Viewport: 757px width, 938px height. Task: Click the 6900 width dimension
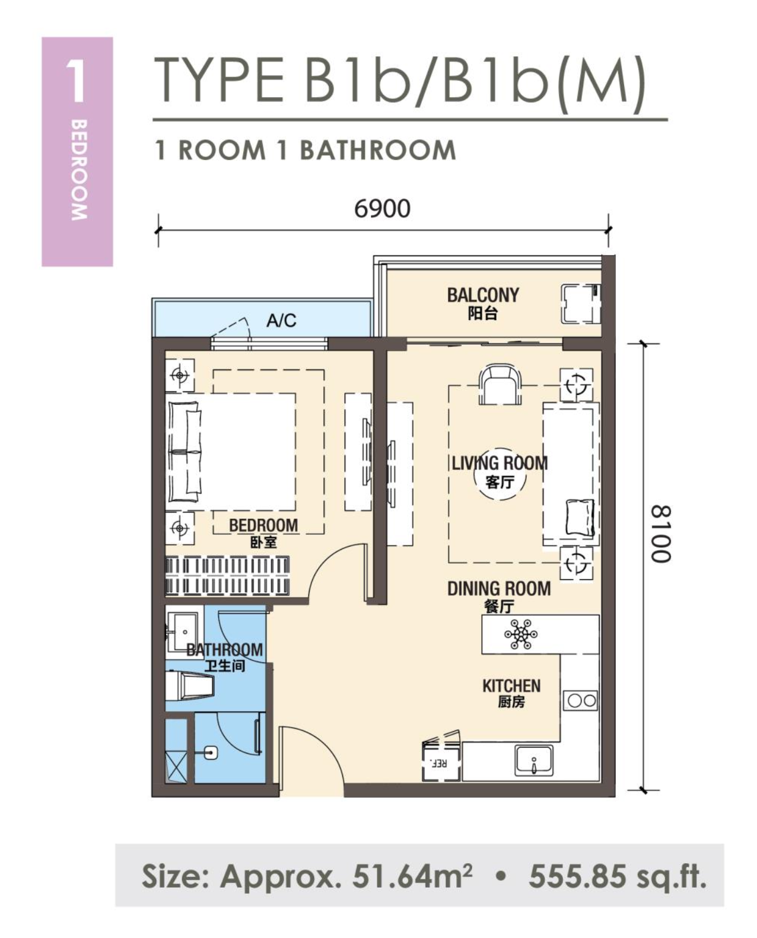pos(382,209)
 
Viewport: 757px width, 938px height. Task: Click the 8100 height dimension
pos(661,534)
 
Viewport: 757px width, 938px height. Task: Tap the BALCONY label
pos(483,295)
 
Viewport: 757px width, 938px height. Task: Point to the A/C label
pos(281,321)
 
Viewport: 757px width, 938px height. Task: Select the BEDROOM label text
pos(263,526)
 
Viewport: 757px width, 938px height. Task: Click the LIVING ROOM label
pos(500,463)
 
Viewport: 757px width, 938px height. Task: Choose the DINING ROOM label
pos(499,589)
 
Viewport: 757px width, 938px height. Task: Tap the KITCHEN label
pos(511,685)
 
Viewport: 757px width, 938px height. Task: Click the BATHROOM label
pos(225,650)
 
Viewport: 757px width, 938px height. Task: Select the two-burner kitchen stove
pos(580,701)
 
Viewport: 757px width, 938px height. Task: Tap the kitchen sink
pos(534,761)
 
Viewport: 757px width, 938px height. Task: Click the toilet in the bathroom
pos(190,687)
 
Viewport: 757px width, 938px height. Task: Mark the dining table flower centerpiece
pos(521,634)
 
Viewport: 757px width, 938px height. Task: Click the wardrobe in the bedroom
pos(227,576)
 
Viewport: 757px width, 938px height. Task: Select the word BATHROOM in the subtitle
pos(378,151)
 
